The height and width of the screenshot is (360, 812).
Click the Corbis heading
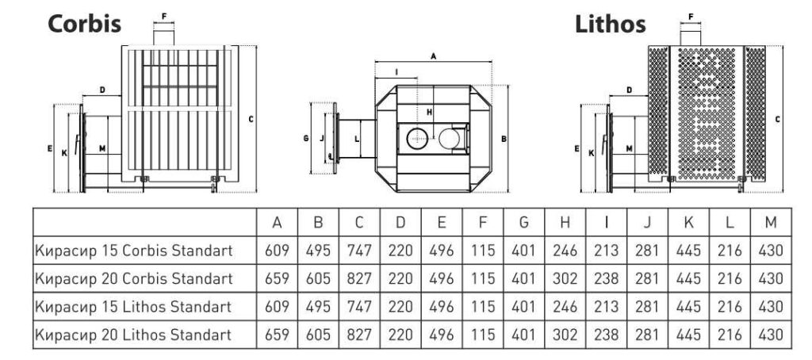[85, 23]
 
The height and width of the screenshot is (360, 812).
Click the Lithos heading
[610, 23]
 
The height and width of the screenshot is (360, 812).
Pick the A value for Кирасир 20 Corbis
[277, 279]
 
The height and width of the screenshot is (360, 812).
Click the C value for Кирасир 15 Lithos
[359, 307]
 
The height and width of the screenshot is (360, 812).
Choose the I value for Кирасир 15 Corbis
[606, 251]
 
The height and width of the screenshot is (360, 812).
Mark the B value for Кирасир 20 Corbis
[318, 279]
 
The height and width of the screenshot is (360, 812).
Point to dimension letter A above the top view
[433, 56]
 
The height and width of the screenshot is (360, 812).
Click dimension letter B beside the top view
[504, 139]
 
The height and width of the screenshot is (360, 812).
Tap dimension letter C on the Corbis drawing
[251, 119]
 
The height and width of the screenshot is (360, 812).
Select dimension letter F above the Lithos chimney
[691, 16]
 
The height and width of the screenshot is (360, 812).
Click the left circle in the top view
[417, 140]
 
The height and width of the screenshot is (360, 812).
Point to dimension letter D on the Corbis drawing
[103, 90]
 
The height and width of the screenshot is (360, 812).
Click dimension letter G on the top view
[306, 138]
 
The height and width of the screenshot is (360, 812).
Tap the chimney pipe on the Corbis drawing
[164, 35]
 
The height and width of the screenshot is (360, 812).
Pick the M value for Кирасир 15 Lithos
[770, 307]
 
